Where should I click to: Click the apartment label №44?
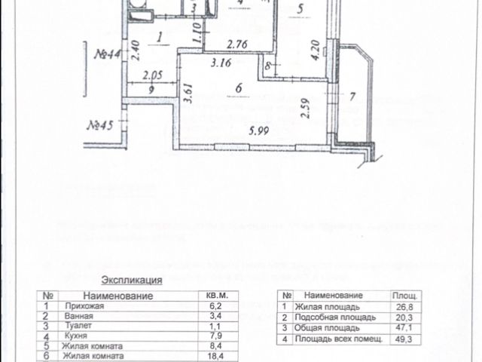(x=110, y=55)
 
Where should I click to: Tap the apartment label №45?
(x=100, y=126)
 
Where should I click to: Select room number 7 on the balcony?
(x=351, y=96)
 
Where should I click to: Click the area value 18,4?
(x=215, y=355)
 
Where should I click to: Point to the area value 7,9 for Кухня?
(x=215, y=337)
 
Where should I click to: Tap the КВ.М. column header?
(x=216, y=296)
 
